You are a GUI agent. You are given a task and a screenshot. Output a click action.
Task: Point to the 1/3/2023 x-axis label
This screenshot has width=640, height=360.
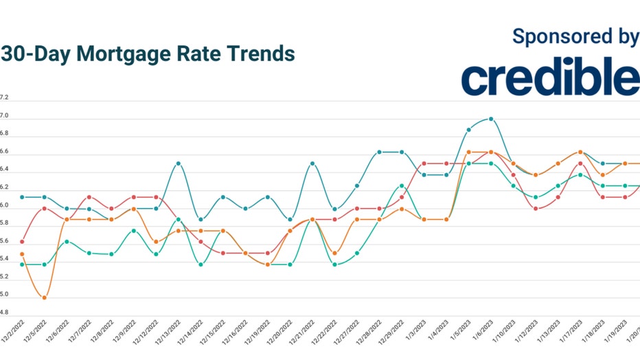[x=418, y=333]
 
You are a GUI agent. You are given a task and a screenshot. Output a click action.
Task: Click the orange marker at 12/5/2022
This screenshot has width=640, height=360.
[x=44, y=297]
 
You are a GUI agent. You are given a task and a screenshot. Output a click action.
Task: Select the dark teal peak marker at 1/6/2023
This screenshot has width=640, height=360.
[x=491, y=119]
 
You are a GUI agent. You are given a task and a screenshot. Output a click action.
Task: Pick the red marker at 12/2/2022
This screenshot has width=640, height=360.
[x=22, y=242]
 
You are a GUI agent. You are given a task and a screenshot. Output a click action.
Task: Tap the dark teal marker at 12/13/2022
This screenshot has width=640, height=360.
[x=179, y=164]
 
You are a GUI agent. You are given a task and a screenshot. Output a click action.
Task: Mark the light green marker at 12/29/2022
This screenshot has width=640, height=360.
[x=402, y=185]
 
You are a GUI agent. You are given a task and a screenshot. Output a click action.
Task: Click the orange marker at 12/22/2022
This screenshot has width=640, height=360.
[x=334, y=254]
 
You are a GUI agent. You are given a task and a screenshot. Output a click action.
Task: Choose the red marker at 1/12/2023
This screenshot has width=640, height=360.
[x=536, y=208]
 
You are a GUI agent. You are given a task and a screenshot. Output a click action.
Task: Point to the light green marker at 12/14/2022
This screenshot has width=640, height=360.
[x=201, y=265]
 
